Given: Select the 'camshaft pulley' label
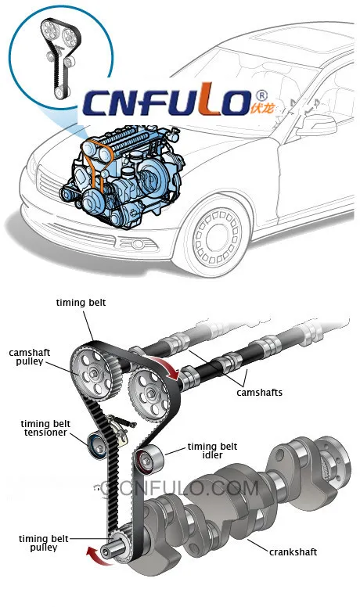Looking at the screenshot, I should [x=30, y=357].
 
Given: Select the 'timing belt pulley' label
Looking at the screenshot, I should [x=44, y=544].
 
